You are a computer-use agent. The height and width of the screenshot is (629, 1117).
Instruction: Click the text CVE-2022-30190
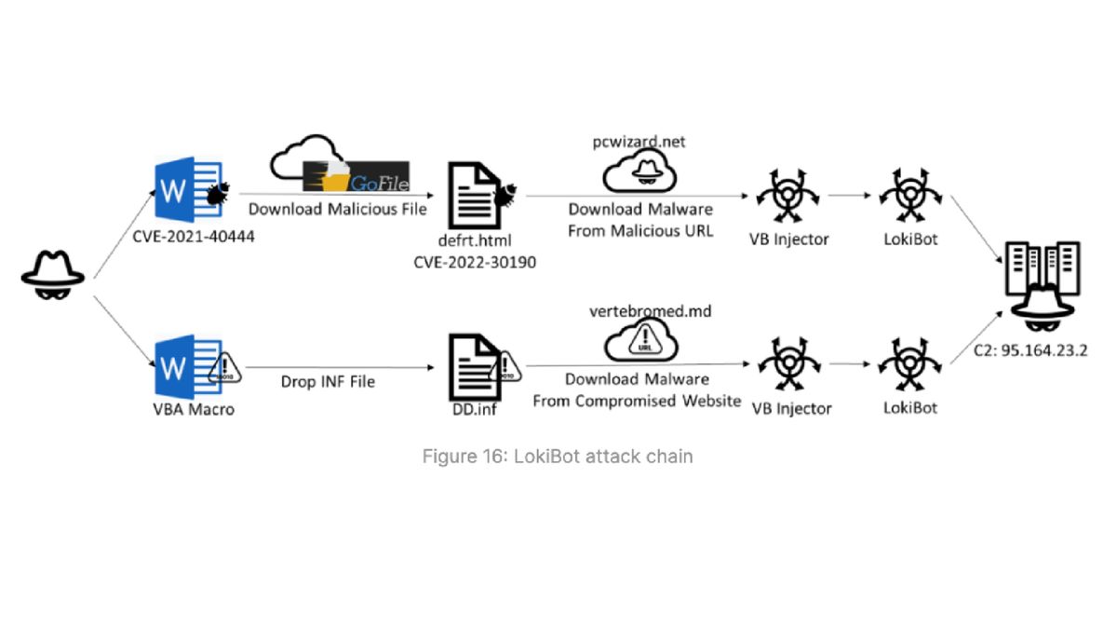tap(475, 262)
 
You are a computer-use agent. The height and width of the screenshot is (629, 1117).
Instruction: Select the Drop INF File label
tap(328, 381)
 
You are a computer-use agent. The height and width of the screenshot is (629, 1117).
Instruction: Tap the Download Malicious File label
tap(337, 210)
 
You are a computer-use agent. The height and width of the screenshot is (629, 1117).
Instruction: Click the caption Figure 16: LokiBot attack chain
tap(557, 457)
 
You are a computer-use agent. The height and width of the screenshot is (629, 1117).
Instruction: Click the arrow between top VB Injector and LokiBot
tap(848, 197)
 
